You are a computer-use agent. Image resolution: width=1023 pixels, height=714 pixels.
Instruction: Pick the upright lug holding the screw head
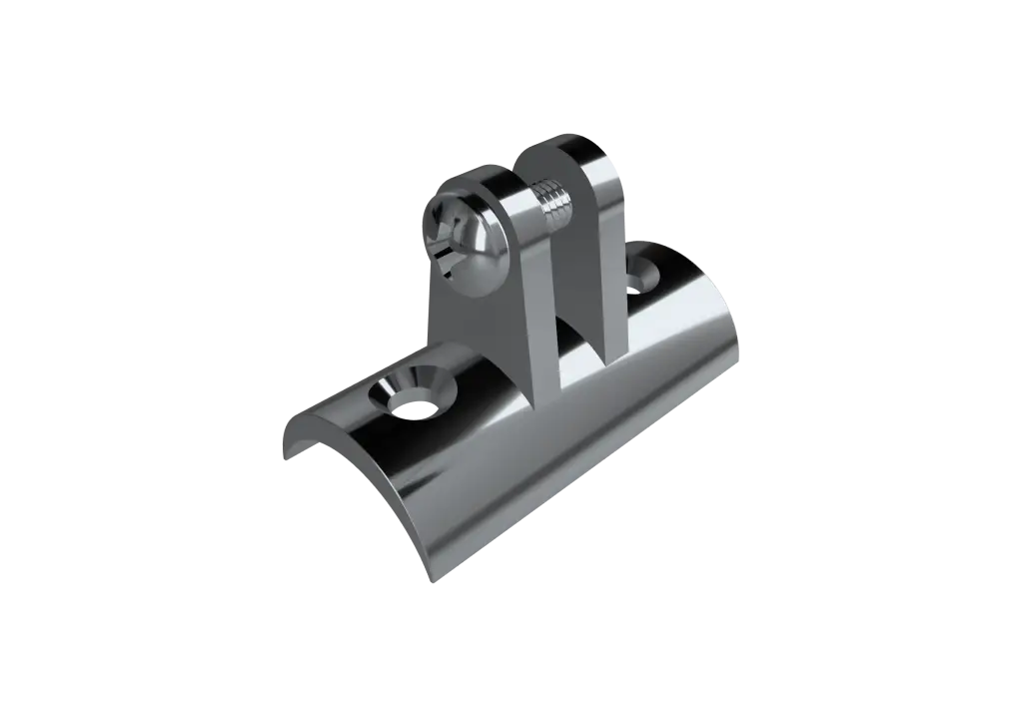pos(480,300)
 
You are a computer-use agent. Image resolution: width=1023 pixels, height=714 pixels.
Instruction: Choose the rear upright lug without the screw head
pos(599,260)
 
